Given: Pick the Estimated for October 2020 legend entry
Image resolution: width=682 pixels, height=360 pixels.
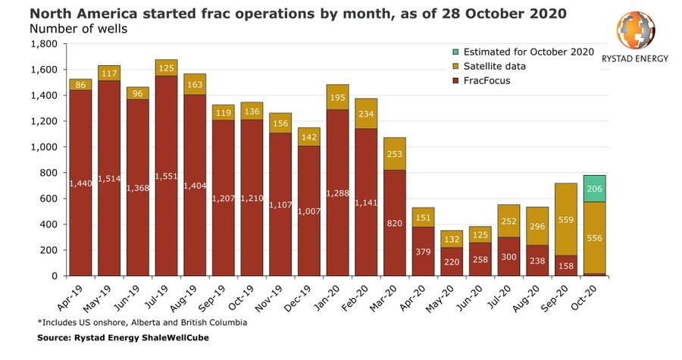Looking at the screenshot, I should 523,52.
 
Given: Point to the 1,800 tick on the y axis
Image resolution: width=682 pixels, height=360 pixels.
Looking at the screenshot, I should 45,44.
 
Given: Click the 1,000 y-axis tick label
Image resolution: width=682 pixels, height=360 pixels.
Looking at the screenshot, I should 45,147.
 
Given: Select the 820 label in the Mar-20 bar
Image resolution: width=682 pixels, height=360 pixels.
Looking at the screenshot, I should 394,224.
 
